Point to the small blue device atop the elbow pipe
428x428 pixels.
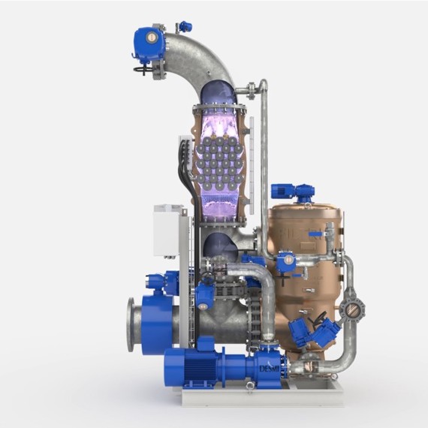[x=185, y=27]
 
